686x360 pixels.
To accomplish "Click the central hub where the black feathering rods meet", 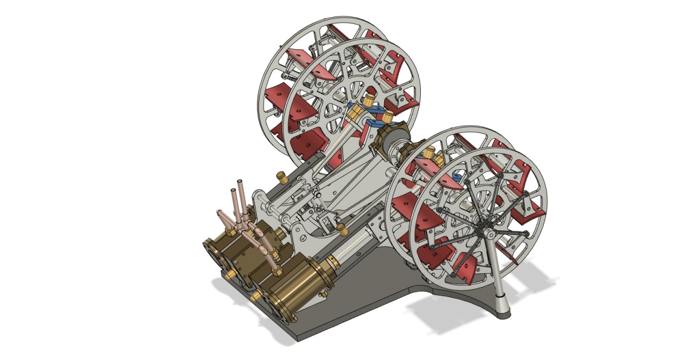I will coord(490,233).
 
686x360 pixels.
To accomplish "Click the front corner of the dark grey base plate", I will coord(298,338).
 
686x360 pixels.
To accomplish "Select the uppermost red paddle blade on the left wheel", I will coord(297,56).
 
